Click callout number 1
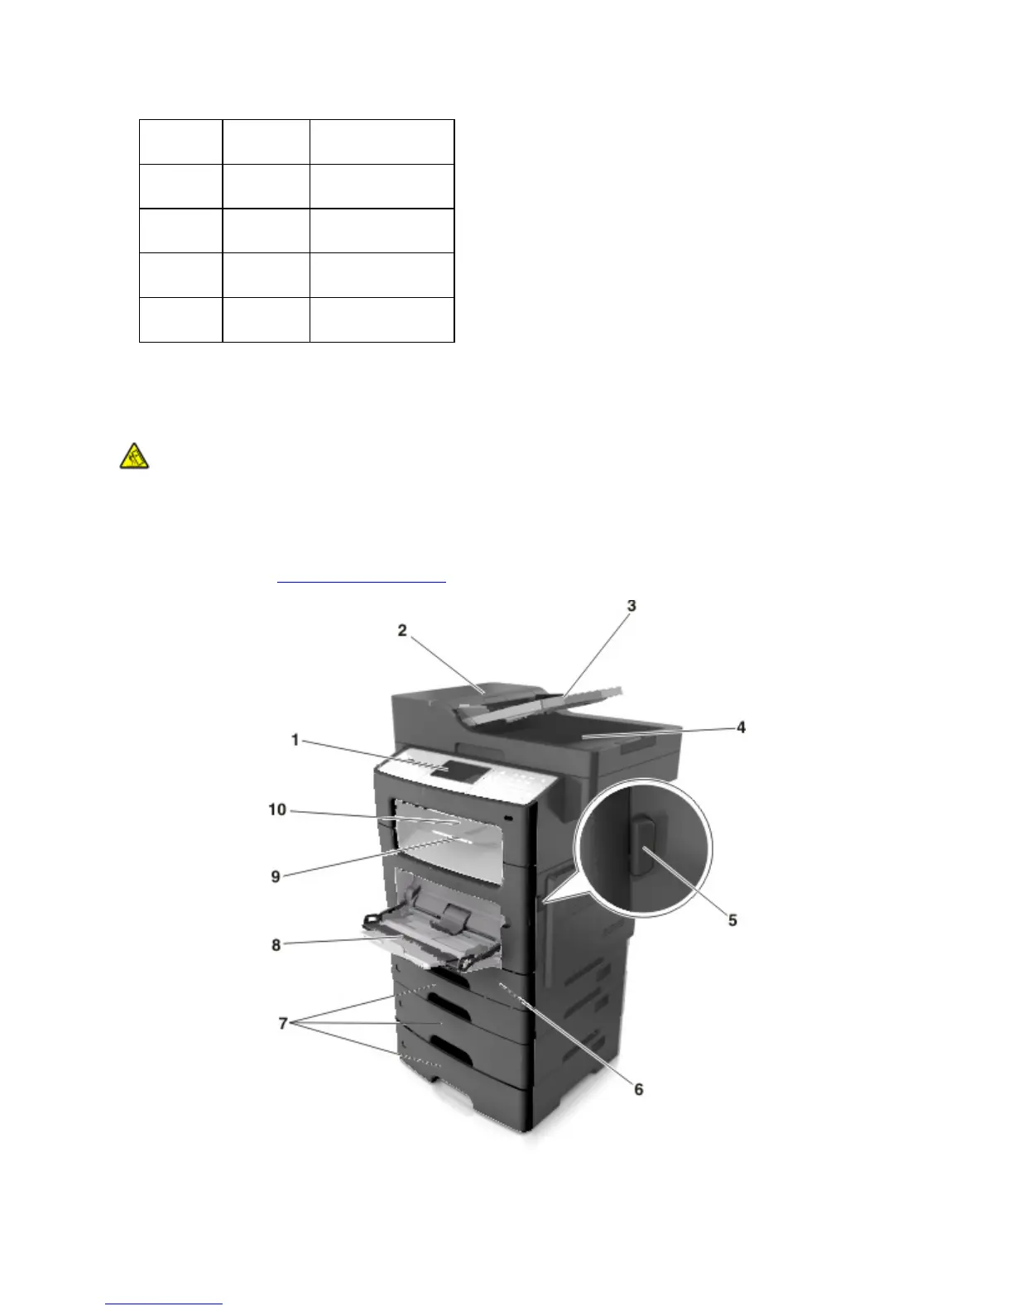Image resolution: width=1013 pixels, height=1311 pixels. pos(295,740)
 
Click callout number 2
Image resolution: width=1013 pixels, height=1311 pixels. pos(402,631)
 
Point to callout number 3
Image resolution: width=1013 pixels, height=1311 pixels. pos(631,607)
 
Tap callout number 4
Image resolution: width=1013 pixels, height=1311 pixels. pos(742,728)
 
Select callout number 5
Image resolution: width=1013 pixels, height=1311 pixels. pos(732,920)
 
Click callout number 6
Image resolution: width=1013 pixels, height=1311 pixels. pos(638,1090)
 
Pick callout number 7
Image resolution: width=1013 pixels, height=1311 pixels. pos(283,1025)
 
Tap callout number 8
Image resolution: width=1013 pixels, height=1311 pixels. pos(276,945)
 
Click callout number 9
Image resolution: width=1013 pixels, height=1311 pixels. pos(276,876)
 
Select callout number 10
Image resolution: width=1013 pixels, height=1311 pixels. pos(276,810)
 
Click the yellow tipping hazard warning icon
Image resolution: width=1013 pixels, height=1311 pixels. pos(133,456)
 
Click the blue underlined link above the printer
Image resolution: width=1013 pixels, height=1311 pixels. pos(361,581)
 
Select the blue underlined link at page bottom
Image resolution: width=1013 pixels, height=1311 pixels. pos(165,1304)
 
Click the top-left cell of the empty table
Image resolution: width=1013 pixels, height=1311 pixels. pos(180,142)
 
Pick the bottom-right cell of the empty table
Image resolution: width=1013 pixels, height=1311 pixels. pos(382,319)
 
